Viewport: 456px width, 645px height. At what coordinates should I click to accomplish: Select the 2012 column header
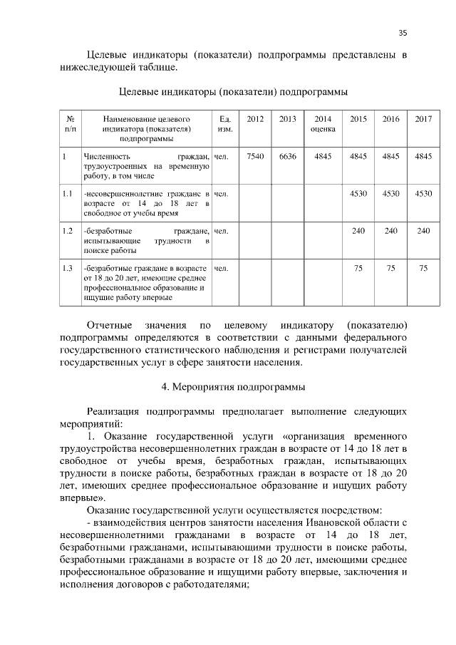[x=255, y=118]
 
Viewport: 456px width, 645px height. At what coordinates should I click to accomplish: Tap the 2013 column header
[x=288, y=118]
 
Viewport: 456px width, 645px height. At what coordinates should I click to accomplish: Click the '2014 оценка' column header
[x=323, y=124]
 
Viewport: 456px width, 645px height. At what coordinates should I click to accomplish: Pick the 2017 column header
[x=423, y=118]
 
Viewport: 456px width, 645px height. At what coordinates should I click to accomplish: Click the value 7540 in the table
[x=255, y=156]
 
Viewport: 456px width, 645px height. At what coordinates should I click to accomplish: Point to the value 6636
[x=288, y=156]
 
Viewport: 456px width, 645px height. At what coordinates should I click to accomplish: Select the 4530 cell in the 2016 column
[x=391, y=193]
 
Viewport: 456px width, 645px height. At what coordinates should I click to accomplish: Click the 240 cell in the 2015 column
[x=358, y=230]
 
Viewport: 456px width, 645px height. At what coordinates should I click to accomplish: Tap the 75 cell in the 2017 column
[x=423, y=268]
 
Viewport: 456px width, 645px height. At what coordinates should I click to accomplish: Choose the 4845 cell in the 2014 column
[x=323, y=156]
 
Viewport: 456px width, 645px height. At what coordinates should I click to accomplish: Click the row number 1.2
[x=68, y=230]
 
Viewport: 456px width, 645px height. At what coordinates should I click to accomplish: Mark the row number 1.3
[x=68, y=268]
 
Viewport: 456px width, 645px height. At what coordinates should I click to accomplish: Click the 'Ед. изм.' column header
[x=224, y=124]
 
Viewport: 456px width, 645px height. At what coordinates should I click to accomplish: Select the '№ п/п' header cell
[x=70, y=124]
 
